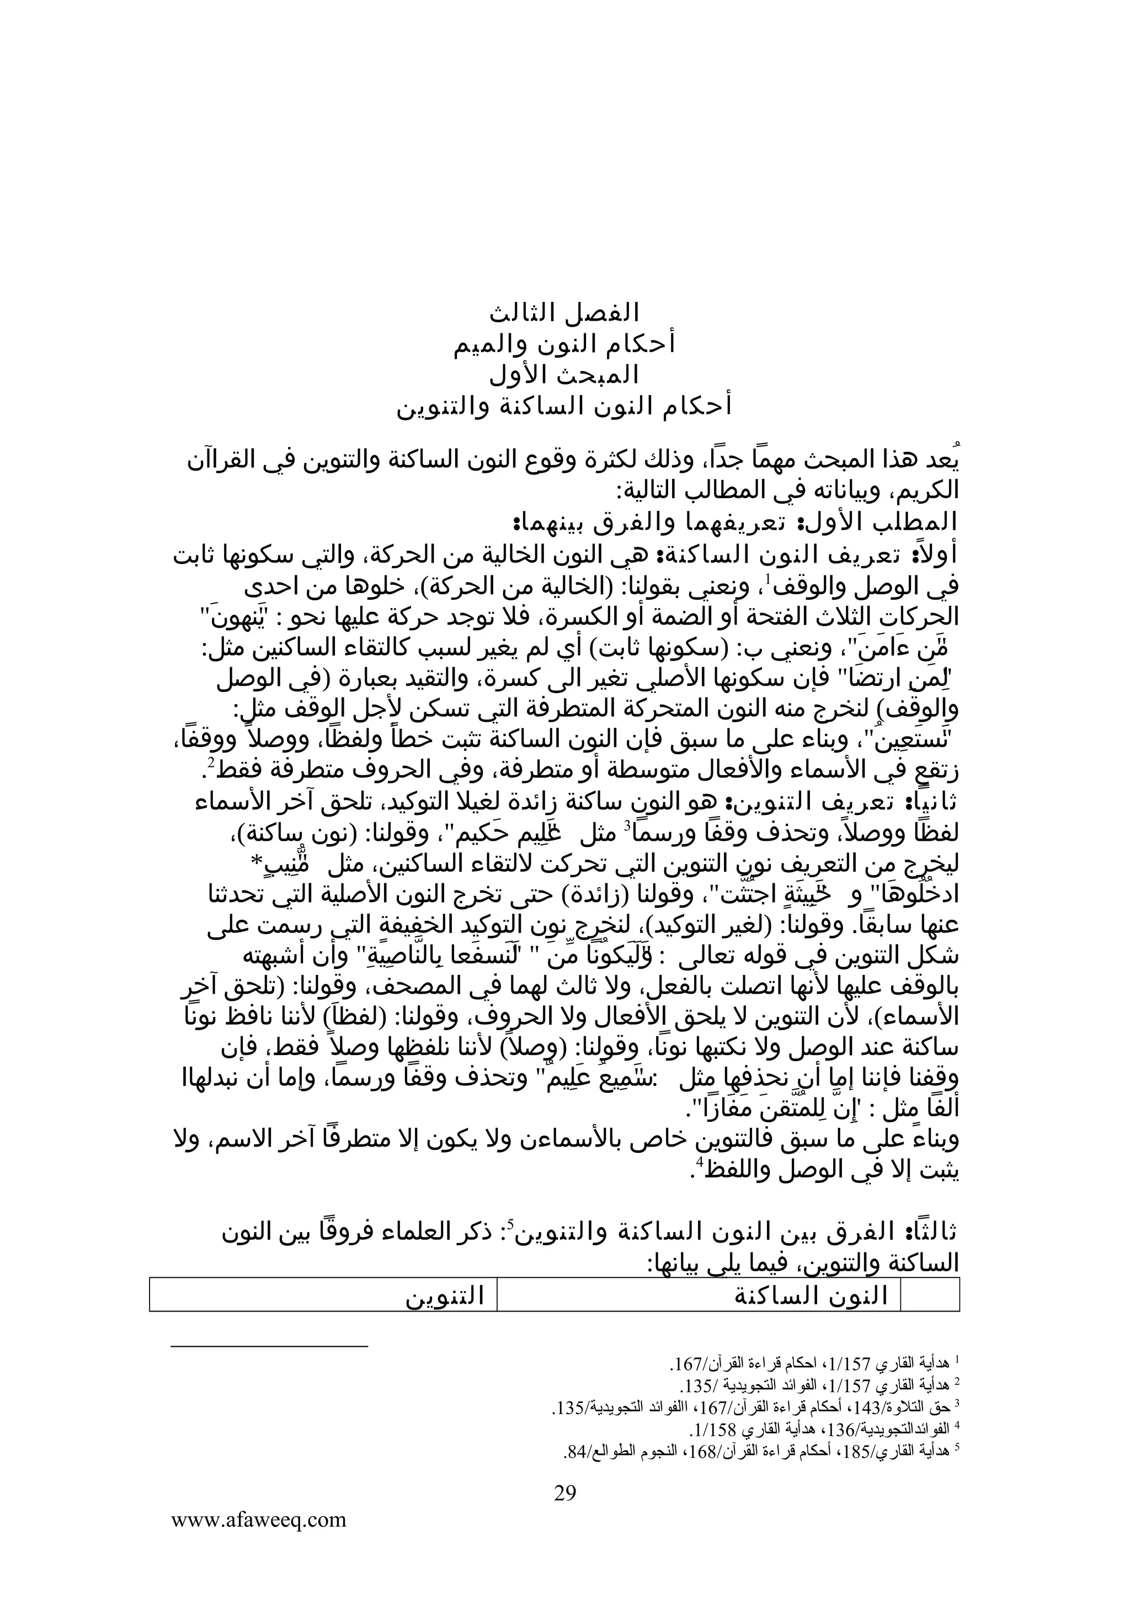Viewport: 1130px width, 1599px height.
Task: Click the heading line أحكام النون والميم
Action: click(x=564, y=344)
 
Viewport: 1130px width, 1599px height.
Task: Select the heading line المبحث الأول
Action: click(x=564, y=375)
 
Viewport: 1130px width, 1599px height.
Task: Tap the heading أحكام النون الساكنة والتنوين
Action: click(x=564, y=407)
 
